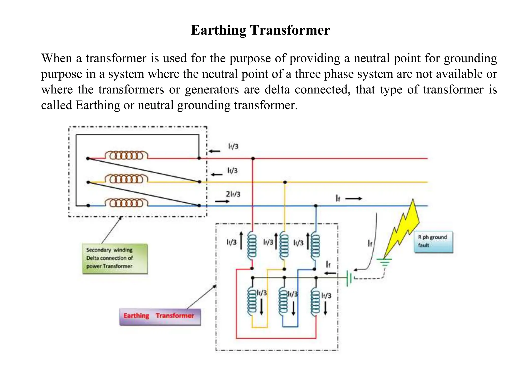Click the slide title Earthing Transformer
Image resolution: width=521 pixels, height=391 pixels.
pos(260,30)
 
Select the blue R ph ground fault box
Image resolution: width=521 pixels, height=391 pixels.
pos(433,242)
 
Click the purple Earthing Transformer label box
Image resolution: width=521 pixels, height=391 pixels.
pos(160,316)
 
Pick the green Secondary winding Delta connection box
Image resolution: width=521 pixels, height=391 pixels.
pos(115,258)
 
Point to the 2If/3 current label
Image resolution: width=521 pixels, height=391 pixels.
pos(233,194)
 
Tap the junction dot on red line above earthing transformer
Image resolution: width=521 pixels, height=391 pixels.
pos(253,158)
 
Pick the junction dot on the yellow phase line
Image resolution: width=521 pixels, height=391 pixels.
pos(285,182)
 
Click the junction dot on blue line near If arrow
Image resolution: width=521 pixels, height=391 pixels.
pos(316,206)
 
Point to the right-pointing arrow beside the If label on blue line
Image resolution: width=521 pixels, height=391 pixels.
pos(354,199)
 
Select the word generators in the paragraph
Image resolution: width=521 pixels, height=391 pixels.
pos(212,90)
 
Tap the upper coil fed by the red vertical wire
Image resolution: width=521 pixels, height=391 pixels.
pos(252,246)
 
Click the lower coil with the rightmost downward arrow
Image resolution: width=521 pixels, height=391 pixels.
pos(315,302)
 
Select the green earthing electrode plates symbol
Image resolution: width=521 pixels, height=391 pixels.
pos(349,278)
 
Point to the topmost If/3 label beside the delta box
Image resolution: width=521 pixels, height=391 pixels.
pos(233,146)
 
